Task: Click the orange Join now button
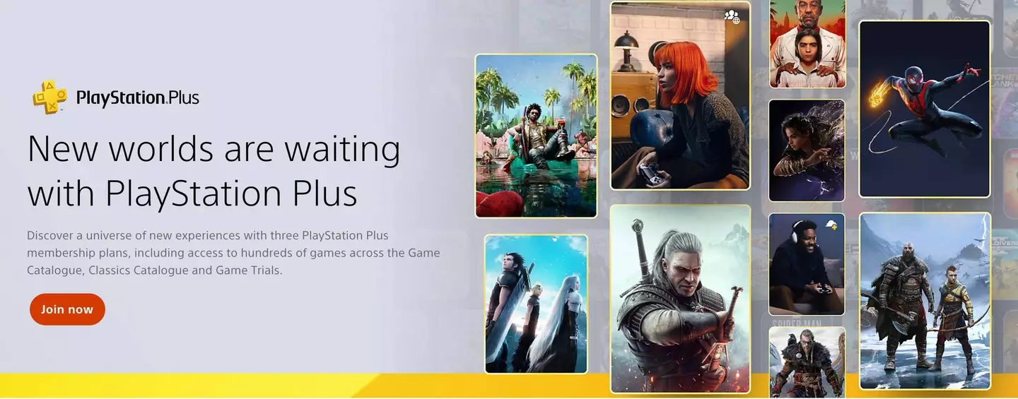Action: (67, 309)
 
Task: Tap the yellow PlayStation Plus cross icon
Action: (49, 97)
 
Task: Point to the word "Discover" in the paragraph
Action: (52, 234)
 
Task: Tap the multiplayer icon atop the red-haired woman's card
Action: (732, 16)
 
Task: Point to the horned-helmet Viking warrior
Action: (806, 364)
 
